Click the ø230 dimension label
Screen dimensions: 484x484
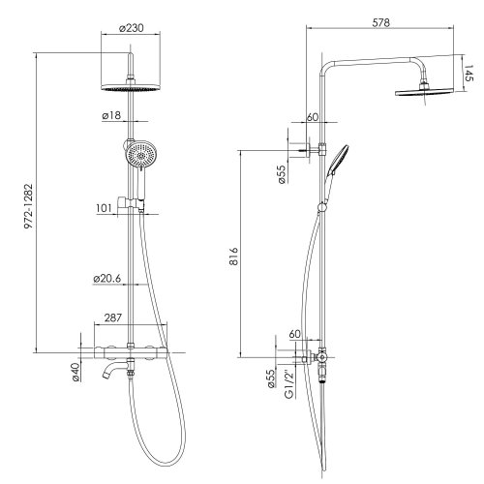(131, 28)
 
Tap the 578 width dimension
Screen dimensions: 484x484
(381, 22)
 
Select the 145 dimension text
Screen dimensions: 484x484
(469, 74)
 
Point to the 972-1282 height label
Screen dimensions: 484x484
(29, 206)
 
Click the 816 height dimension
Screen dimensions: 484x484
(233, 257)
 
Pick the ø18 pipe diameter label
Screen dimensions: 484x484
(111, 115)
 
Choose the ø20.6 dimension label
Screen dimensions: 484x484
(107, 279)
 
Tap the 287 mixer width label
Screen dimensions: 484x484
(113, 318)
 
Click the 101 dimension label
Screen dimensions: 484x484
(104, 208)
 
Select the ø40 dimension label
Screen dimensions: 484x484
(76, 372)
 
